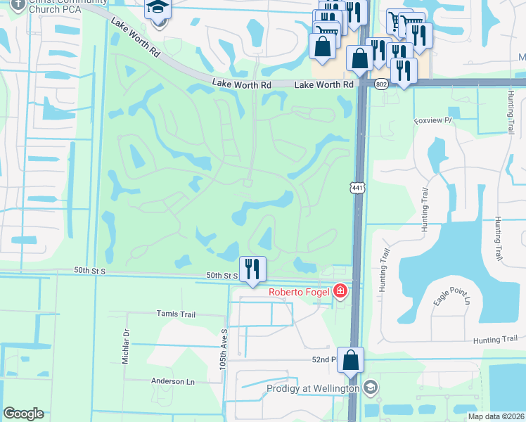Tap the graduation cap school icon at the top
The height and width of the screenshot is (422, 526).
157,9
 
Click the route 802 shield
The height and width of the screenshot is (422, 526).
381,84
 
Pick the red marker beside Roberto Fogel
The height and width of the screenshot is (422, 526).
341,290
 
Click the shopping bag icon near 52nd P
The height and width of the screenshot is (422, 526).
351,359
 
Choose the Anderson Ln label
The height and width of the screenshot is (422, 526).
172,381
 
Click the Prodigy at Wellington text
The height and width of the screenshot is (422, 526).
313,388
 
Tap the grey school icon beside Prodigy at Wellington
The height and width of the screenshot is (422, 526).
371,388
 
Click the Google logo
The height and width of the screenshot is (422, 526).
23,414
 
